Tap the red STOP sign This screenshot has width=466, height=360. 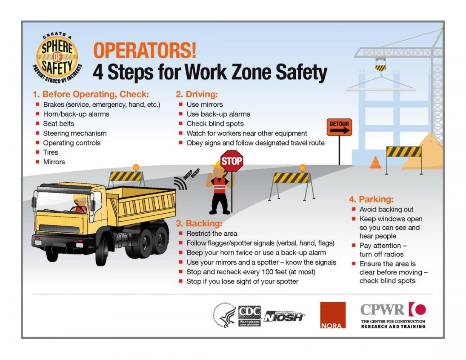232,161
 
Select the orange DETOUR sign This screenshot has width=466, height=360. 339,127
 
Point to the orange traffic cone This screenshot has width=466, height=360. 375,163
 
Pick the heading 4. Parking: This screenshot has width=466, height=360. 371,199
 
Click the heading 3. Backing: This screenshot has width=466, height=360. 199,223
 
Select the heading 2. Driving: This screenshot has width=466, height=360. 197,94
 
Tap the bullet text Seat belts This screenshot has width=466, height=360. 59,123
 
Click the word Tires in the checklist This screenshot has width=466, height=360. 51,152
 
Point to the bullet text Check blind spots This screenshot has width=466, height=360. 215,123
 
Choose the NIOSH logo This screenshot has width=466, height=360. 284,317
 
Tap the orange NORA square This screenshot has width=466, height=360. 332,315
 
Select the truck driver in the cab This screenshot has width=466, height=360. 80,203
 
